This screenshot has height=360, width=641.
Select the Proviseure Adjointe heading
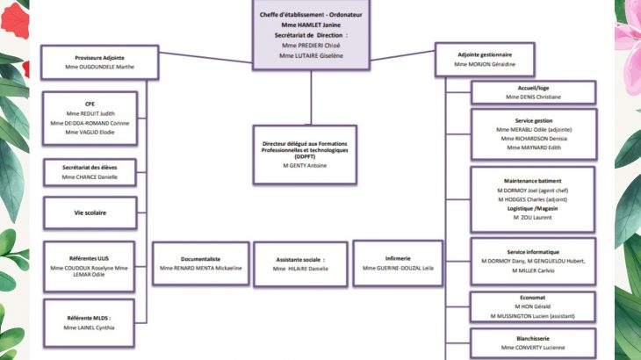point(100,58)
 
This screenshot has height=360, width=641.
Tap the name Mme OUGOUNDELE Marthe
point(100,67)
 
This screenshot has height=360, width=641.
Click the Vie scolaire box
point(89,212)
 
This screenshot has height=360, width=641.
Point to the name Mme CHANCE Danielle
point(89,177)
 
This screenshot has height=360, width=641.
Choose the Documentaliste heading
point(201,259)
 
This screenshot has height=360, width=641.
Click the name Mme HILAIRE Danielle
point(300,268)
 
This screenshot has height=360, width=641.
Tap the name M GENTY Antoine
point(305,165)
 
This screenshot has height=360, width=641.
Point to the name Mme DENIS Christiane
point(533,97)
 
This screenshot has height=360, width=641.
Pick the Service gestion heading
point(533,120)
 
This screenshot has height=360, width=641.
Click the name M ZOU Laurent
point(533,217)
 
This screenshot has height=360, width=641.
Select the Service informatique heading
point(533,252)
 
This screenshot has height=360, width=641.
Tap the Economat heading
point(533,298)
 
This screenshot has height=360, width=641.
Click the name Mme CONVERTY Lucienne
point(533,347)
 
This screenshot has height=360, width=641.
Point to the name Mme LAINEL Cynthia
point(89,328)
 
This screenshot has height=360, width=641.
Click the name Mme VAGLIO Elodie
point(89,132)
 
